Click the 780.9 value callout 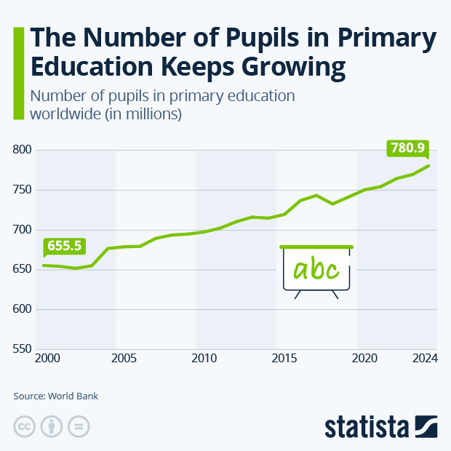pos(407,148)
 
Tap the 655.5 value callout pos(63,247)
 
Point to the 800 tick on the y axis pos(23,151)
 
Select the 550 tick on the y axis pos(23,350)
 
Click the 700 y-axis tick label pos(23,230)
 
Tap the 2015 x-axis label pos(284,359)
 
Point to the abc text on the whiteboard pos(316,270)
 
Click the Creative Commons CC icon pos(25,426)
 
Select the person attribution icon pos(52,426)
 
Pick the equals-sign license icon pos(79,426)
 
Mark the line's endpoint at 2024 pos(428,166)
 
